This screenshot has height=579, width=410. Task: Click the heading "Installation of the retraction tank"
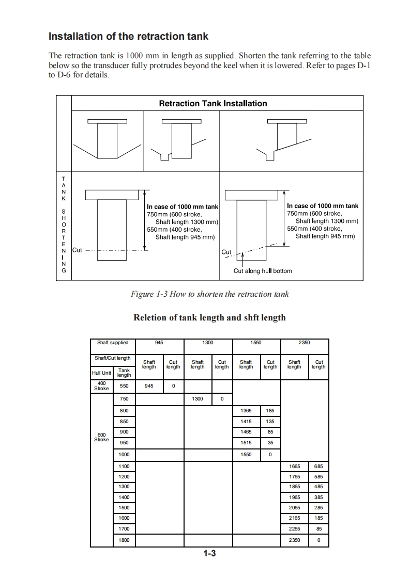click(x=128, y=36)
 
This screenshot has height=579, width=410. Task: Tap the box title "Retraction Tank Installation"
click(x=212, y=103)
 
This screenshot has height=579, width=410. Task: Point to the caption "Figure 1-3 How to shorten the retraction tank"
click(x=209, y=294)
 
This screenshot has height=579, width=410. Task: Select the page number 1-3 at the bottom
click(x=209, y=554)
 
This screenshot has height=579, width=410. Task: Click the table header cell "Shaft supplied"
click(x=113, y=343)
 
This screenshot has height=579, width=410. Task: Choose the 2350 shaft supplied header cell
click(x=305, y=343)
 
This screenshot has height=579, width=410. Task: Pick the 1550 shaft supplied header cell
click(x=256, y=343)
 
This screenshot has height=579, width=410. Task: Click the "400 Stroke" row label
click(x=102, y=386)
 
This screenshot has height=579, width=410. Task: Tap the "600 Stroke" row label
click(x=102, y=437)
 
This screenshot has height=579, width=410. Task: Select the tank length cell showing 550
click(x=124, y=386)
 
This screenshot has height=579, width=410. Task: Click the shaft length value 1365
click(x=246, y=411)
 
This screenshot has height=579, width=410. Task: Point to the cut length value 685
click(x=318, y=466)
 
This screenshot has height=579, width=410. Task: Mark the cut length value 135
click(x=270, y=421)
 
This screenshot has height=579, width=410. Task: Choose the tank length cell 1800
click(x=124, y=540)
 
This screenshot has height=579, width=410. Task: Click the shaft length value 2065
click(x=294, y=508)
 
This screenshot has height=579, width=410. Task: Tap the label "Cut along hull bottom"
click(x=263, y=271)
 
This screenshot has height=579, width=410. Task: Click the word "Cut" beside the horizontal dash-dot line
click(x=77, y=250)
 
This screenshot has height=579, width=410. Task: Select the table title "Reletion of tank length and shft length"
click(x=209, y=317)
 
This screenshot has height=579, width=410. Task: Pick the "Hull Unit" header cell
click(x=101, y=373)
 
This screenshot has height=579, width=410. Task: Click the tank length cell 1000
click(x=124, y=455)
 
